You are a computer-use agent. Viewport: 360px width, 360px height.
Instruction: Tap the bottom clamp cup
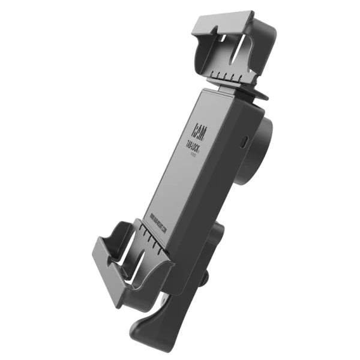click(x=129, y=258)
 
